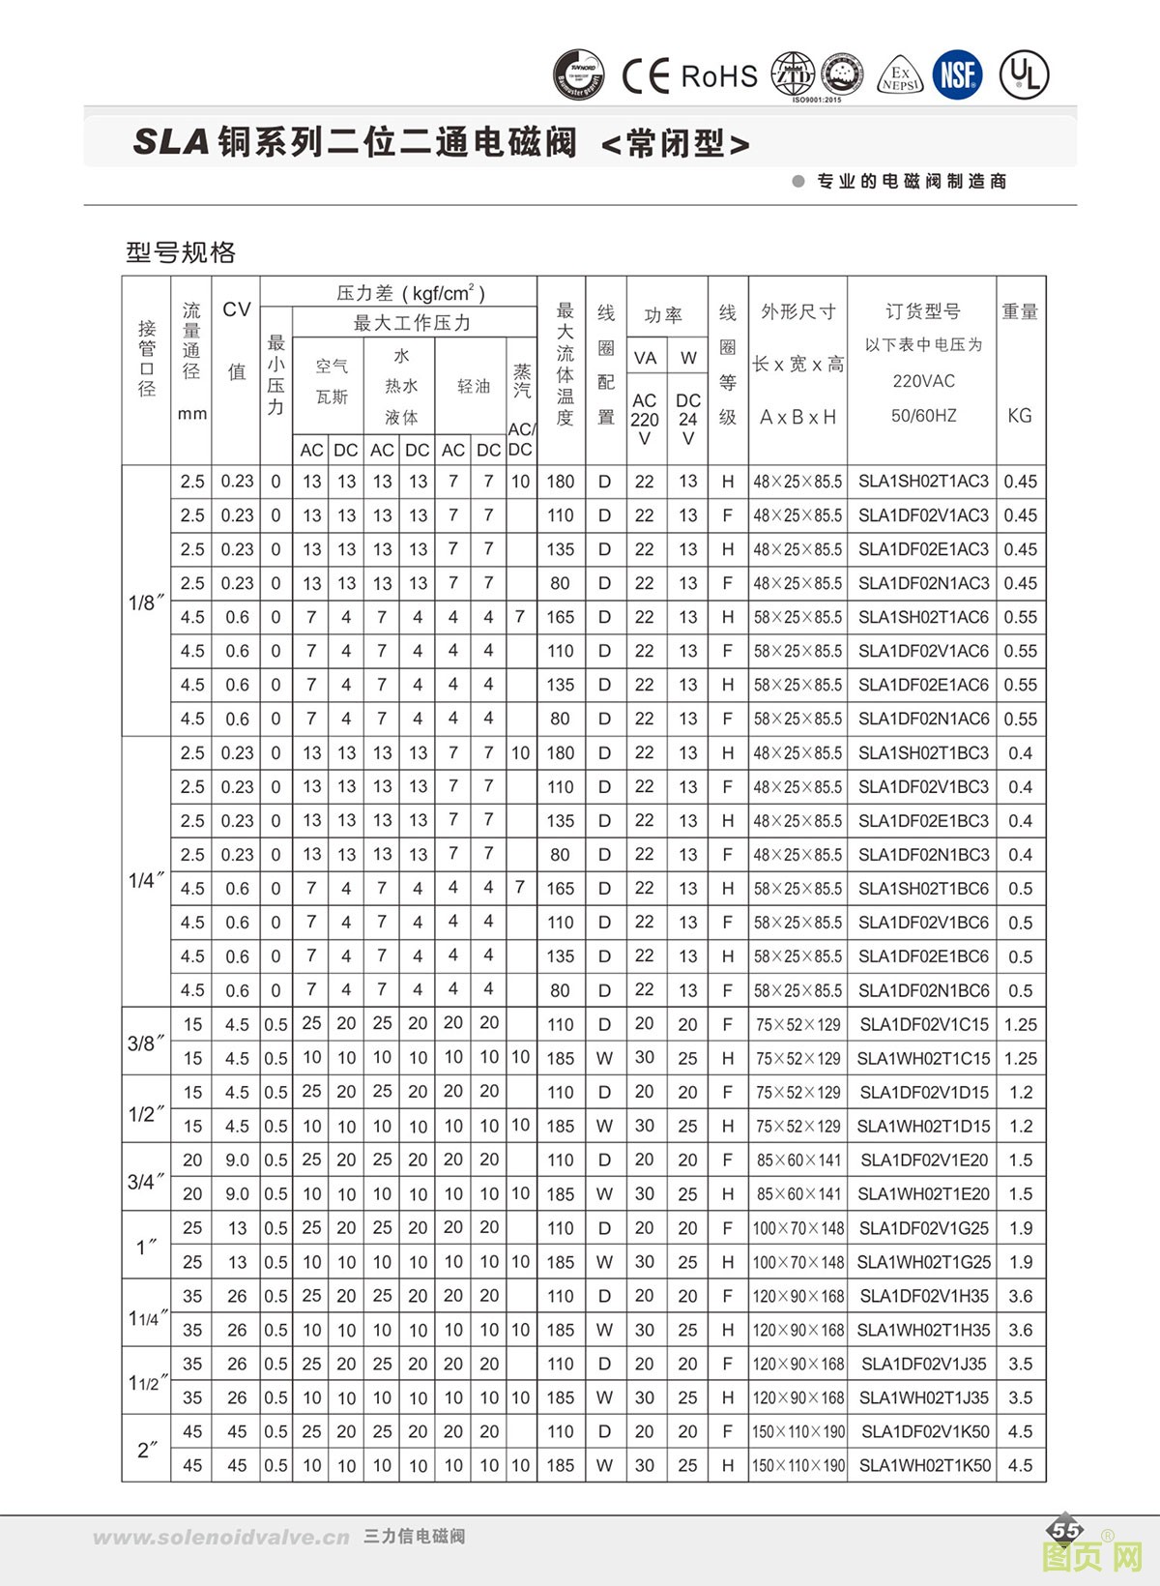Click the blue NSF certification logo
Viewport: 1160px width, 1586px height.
(x=957, y=73)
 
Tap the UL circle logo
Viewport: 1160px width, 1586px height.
(x=1024, y=73)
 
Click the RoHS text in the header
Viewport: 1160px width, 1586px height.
(x=719, y=76)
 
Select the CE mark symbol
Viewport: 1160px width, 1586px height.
(x=645, y=75)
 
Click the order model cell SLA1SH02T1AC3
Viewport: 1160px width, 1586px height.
(x=923, y=482)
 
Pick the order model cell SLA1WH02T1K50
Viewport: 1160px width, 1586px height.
(x=924, y=1465)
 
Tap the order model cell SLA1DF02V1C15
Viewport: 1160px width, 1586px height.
(x=924, y=1024)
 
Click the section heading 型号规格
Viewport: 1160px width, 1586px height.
(x=181, y=252)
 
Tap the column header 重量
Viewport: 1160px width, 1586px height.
(x=1020, y=311)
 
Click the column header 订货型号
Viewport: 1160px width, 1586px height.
(x=923, y=311)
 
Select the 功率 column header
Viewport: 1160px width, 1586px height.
(x=664, y=315)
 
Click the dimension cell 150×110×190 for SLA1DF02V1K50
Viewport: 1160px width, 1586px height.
(x=798, y=1431)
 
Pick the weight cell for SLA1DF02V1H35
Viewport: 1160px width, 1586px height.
(x=1021, y=1296)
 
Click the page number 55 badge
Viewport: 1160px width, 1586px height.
(x=1066, y=1530)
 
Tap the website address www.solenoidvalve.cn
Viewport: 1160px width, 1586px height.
(x=221, y=1537)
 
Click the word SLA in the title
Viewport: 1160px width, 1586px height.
(x=171, y=142)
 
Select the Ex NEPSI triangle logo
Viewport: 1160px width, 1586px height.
(x=900, y=76)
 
